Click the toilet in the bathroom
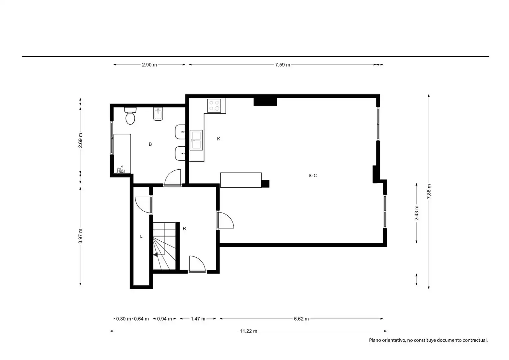(x=130, y=116)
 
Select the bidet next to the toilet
(x=158, y=114)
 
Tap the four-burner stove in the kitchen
(x=214, y=106)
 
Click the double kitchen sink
(x=196, y=140)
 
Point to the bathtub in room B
(x=122, y=154)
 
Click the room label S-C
(x=312, y=176)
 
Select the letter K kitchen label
(x=219, y=139)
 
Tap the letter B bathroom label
(x=150, y=144)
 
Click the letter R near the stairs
(x=184, y=229)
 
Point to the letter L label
(x=141, y=237)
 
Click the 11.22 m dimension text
(x=249, y=331)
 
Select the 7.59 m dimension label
(x=282, y=65)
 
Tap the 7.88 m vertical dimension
(x=429, y=191)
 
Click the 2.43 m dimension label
(x=416, y=213)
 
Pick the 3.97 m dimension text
(x=80, y=236)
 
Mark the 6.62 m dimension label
(x=301, y=319)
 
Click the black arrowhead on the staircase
(x=156, y=255)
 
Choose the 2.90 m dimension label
(x=149, y=65)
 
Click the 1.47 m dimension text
(x=198, y=319)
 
